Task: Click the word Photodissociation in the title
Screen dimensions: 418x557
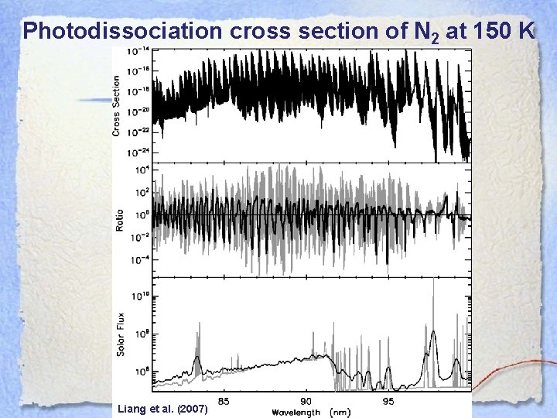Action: (121, 31)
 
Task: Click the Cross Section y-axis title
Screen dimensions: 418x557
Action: (117, 106)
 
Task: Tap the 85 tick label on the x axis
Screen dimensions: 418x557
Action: (224, 401)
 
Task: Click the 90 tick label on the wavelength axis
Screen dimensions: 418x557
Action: (306, 401)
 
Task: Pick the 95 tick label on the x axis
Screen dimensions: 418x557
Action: (388, 401)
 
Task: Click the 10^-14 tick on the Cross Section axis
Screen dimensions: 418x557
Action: (141, 52)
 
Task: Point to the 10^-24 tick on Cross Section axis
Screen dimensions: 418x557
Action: (141, 152)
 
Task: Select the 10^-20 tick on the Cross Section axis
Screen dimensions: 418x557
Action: (141, 111)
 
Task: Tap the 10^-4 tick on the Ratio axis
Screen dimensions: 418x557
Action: (141, 259)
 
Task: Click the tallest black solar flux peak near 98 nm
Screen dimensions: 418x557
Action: (432, 333)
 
